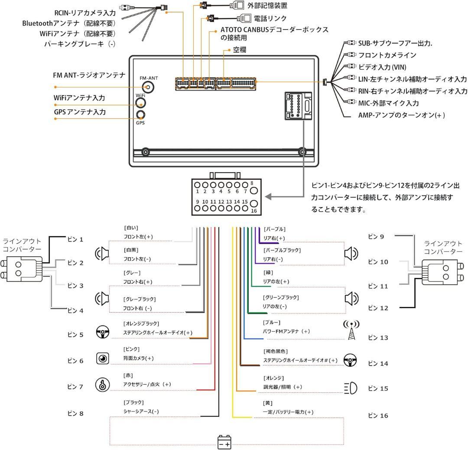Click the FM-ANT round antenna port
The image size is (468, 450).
coord(149,87)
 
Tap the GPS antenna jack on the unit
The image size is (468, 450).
coord(140,115)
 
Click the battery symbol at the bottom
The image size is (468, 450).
coord(224,442)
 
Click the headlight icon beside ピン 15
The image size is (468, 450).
coord(351,388)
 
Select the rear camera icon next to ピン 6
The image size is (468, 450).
coord(102,359)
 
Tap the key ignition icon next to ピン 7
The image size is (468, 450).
coord(102,385)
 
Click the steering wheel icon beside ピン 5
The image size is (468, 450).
coord(102,333)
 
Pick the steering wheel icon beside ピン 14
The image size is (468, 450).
coord(350,360)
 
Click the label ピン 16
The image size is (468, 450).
coord(378,416)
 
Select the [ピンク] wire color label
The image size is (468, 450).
coord(132,349)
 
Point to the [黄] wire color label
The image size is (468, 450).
coord(267,403)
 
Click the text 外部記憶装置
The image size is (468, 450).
coord(267,6)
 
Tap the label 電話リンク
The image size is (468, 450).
coord(270,18)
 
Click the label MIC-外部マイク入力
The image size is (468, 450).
coord(388,103)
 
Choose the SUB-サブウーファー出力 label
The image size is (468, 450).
coord(396,43)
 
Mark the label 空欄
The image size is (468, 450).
coord(239,50)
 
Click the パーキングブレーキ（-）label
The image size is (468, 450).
coord(80,44)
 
